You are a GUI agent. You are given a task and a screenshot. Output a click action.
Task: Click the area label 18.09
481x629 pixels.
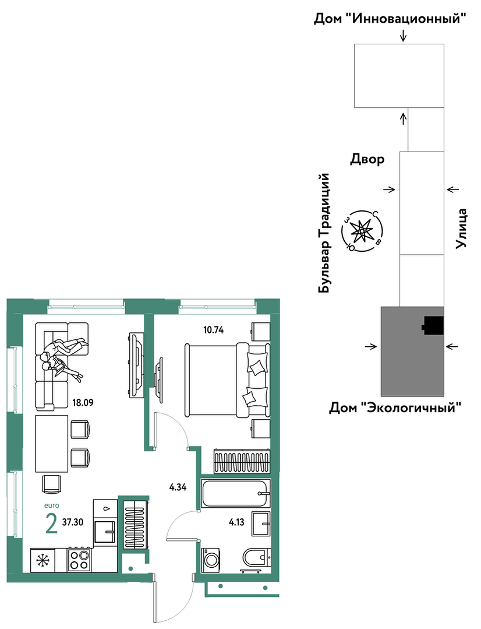[x=83, y=402]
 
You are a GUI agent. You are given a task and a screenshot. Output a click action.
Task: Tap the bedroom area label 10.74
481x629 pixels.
[x=213, y=330]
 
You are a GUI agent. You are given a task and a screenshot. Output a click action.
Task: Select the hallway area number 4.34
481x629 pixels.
[x=178, y=488]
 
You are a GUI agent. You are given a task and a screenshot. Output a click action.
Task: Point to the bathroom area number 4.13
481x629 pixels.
[x=236, y=522]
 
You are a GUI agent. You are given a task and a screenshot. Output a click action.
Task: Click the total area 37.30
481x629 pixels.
[x=73, y=522]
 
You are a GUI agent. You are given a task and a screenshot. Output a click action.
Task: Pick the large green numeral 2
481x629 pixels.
[x=51, y=523]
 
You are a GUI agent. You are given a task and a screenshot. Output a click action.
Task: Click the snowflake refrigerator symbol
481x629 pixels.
[x=42, y=560]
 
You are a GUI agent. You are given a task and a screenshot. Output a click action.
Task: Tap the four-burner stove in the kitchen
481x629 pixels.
[x=79, y=560]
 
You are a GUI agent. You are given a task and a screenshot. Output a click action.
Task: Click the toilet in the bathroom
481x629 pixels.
[x=256, y=558]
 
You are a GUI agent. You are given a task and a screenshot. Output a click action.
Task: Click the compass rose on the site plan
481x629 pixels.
[x=362, y=231]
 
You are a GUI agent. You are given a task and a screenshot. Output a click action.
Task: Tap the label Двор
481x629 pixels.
[x=367, y=159]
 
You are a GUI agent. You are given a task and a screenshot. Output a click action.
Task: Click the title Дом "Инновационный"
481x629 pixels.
[x=390, y=19]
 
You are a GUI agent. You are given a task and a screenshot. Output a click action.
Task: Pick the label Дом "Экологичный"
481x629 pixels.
[x=395, y=408]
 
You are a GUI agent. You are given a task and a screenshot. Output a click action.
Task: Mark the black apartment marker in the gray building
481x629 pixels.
[x=433, y=325]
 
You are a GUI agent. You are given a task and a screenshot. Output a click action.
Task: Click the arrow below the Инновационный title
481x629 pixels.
[x=403, y=36]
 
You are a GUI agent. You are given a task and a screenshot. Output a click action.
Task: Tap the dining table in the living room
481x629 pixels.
[x=51, y=444]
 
